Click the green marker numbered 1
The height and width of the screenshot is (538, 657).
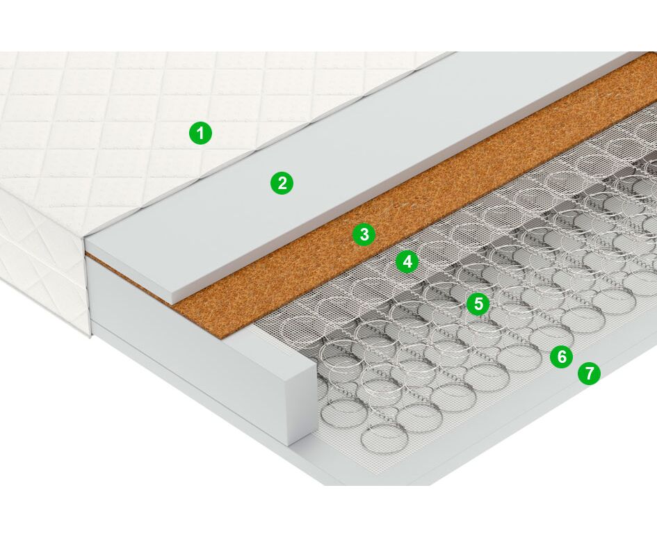click(x=201, y=133)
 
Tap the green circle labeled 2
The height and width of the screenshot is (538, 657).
click(x=282, y=183)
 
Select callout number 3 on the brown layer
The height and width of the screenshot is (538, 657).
click(x=364, y=234)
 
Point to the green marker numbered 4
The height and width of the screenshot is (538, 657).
click(x=407, y=261)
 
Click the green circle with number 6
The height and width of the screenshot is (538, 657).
click(x=562, y=357)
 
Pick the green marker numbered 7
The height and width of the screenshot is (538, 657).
click(x=589, y=373)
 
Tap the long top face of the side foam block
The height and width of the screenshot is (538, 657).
click(x=201, y=314)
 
